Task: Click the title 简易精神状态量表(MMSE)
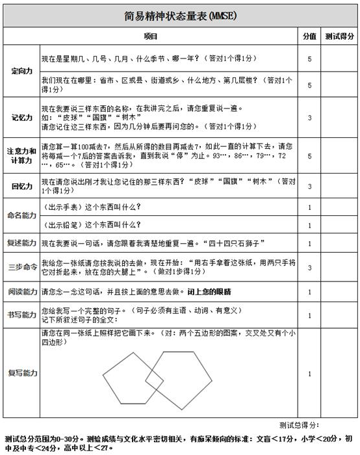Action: (179, 16)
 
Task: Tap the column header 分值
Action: (309, 36)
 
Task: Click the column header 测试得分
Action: (340, 36)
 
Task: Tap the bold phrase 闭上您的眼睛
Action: (207, 291)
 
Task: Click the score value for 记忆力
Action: (309, 118)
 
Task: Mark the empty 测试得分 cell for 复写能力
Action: (340, 373)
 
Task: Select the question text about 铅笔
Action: (90, 225)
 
